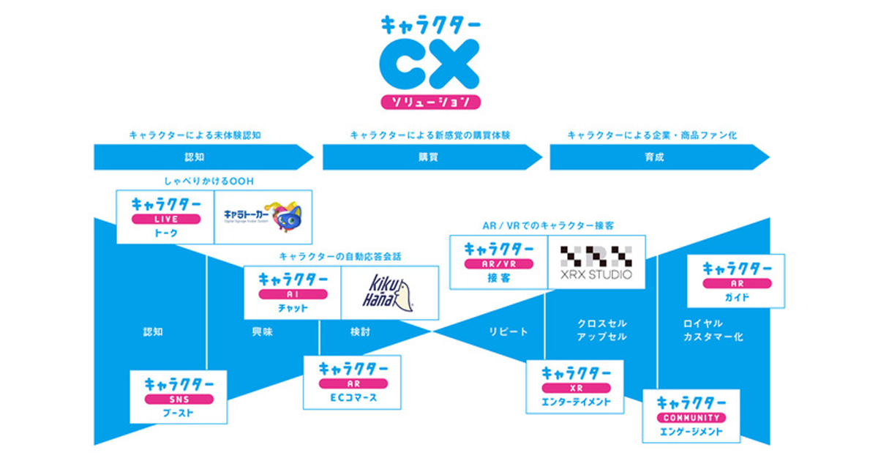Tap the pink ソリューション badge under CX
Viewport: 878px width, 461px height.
click(x=430, y=102)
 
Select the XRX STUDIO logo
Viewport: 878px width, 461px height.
click(x=596, y=263)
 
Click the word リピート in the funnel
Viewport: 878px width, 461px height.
click(x=508, y=332)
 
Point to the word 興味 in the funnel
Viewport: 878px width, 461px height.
click(x=262, y=332)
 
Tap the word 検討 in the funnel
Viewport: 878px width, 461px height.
click(x=360, y=332)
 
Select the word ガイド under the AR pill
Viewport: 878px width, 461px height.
click(x=736, y=296)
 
